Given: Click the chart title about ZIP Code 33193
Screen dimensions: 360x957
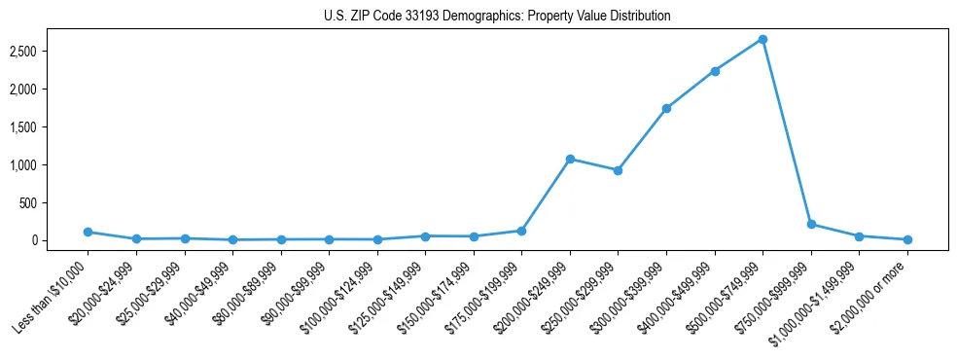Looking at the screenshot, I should [x=497, y=17].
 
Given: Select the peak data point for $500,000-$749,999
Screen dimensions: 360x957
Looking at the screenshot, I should [x=762, y=39].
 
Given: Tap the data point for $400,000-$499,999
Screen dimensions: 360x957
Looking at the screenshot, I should [x=715, y=71].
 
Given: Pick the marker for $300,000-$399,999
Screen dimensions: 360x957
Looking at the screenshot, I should [x=666, y=108].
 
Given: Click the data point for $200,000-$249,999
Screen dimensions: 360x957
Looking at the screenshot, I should [x=570, y=159].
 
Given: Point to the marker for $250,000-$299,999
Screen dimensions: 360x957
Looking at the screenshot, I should [x=618, y=170].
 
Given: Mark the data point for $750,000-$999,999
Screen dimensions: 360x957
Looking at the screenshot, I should [x=811, y=224].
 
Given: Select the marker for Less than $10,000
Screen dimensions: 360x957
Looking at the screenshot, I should [x=88, y=232].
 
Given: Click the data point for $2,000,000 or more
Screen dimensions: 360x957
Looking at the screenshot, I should [x=907, y=239].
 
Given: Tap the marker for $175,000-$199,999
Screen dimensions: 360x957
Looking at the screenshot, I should [x=521, y=231].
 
